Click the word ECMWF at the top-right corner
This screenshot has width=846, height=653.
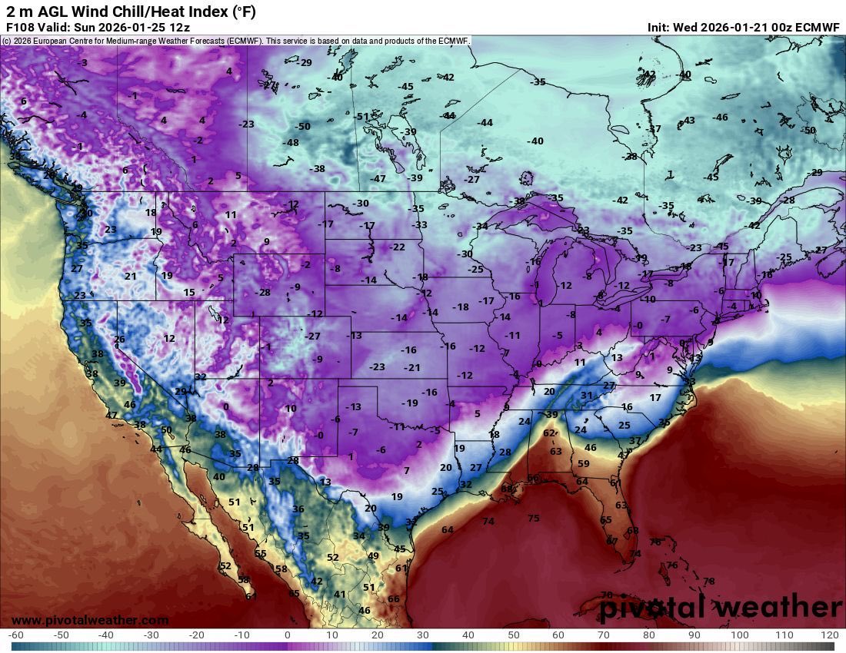point(816,27)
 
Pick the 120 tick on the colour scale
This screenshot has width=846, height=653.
point(829,635)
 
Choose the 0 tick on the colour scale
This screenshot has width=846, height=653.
point(287,635)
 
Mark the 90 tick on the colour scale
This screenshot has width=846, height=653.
point(694,635)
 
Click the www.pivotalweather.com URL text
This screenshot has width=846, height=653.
point(90,620)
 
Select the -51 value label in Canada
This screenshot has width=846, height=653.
point(361,116)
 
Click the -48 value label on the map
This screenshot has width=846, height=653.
point(290,143)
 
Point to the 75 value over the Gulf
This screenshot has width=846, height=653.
point(533,519)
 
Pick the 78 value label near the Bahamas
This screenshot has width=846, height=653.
point(708,581)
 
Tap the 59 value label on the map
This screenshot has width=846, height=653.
point(583,463)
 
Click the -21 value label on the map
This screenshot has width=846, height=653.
point(412,367)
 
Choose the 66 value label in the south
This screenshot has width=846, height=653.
point(393,599)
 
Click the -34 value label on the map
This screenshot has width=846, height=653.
point(480,226)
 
